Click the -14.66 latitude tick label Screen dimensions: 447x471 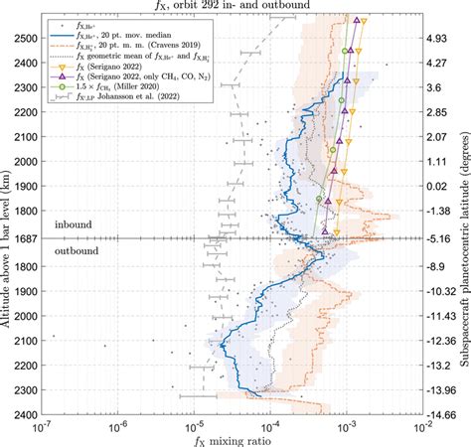click(x=446, y=414)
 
